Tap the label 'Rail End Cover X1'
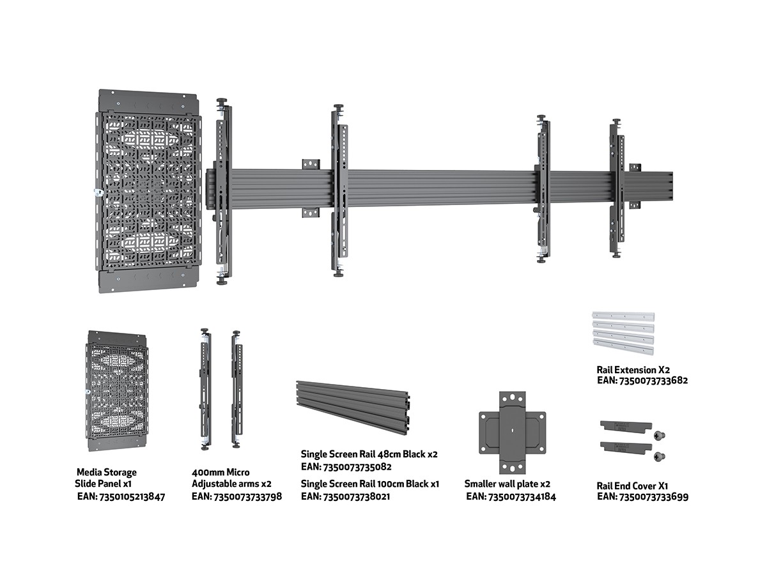tap(633, 486)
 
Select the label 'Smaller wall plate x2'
tap(507, 484)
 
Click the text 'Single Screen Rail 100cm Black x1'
tap(370, 484)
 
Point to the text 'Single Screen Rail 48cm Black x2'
tap(369, 454)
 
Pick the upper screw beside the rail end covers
tap(658, 435)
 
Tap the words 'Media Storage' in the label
tap(106, 472)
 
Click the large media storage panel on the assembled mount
tap(149, 192)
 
